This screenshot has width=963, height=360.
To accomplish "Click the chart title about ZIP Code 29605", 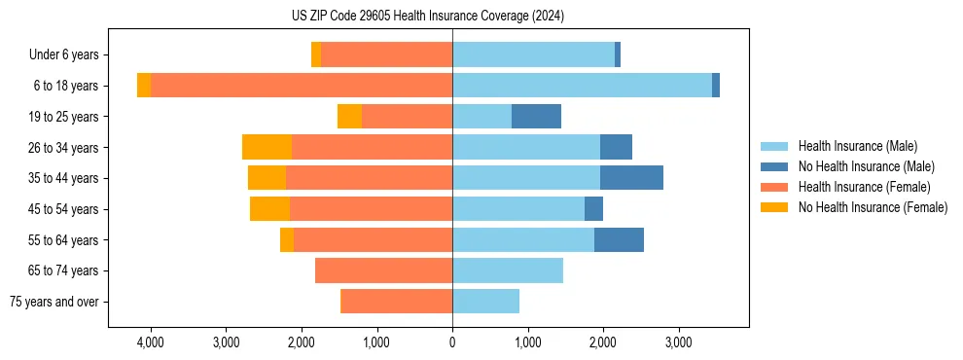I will [x=428, y=16].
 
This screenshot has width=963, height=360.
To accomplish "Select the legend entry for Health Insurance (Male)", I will [x=857, y=146].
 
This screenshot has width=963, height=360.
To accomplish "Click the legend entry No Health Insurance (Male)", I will [x=866, y=166].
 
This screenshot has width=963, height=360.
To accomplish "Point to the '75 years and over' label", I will [x=54, y=302].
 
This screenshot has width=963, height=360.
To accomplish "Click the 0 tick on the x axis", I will [x=452, y=343].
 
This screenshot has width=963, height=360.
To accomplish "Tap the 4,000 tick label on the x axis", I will [x=151, y=343].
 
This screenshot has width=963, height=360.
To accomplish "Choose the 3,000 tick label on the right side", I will [x=678, y=343].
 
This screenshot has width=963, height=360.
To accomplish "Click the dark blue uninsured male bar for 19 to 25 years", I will [x=536, y=117].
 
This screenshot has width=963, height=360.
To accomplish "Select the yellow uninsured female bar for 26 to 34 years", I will [x=267, y=147].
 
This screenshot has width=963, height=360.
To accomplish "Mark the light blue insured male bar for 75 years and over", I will [x=485, y=302].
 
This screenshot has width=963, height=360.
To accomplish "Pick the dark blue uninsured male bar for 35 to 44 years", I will [x=631, y=178].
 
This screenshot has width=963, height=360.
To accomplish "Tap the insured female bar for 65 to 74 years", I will [x=383, y=270].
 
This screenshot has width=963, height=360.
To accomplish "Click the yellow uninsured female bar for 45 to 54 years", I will [x=269, y=209].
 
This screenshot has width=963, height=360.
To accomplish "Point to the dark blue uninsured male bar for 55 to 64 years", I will [x=619, y=239].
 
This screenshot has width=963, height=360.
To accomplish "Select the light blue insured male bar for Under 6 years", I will [x=533, y=55].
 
